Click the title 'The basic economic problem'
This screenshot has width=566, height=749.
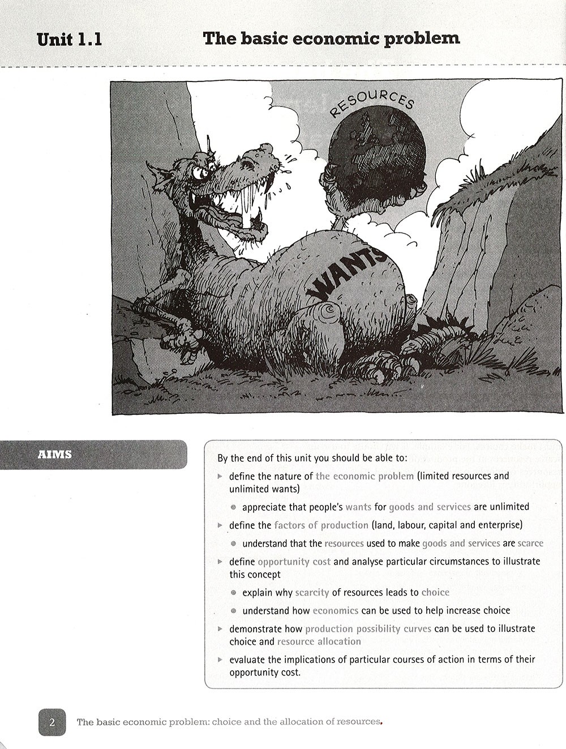coord(331,38)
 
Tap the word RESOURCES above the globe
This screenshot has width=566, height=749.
coord(371,102)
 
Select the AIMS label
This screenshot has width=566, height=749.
coord(55,454)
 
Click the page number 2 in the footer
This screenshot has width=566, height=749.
coord(52,722)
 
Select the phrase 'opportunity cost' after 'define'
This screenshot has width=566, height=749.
coord(294,562)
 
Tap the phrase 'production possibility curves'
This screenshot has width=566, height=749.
coord(368,628)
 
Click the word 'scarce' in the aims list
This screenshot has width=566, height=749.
coord(530,543)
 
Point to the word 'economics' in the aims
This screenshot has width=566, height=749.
coord(336,611)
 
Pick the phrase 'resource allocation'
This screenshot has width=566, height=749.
coord(319,641)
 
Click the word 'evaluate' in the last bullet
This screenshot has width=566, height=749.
coord(248,660)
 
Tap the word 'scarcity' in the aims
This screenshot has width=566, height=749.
coord(312,593)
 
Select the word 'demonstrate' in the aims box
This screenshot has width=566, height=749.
coord(265,628)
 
